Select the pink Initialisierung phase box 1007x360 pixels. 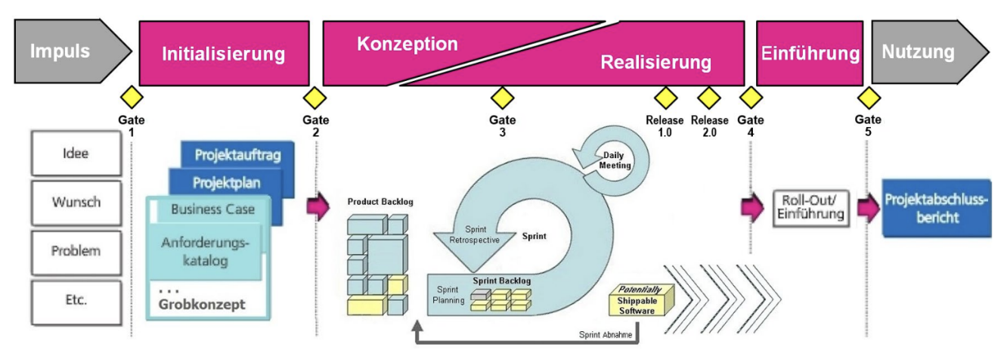pyautogui.click(x=224, y=54)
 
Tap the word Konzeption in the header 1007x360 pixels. pyautogui.click(x=407, y=44)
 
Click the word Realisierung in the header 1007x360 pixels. pyautogui.click(x=655, y=62)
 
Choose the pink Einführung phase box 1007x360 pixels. pyautogui.click(x=810, y=54)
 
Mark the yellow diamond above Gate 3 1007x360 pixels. pyautogui.click(x=502, y=98)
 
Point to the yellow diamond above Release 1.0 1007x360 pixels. pyautogui.click(x=665, y=98)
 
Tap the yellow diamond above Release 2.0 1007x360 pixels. pyautogui.click(x=709, y=98)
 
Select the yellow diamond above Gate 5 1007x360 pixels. pyautogui.click(x=869, y=98)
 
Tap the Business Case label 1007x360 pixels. pyautogui.click(x=212, y=209)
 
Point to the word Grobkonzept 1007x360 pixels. pyautogui.click(x=203, y=306)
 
